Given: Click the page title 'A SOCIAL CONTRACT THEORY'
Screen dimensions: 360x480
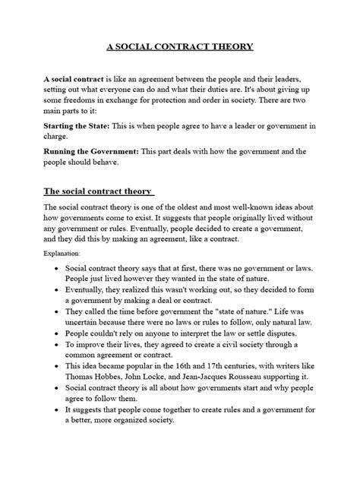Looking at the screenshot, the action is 180,47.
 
